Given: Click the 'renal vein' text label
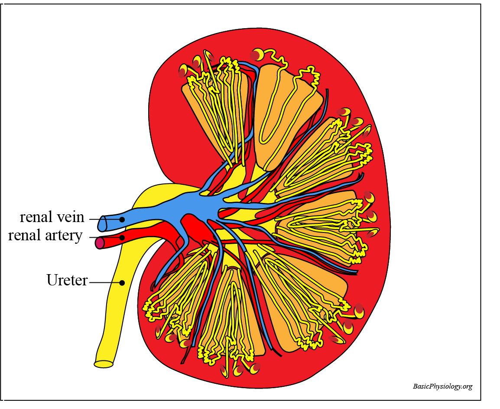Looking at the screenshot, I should [52, 216].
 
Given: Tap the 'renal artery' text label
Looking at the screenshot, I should [45, 236].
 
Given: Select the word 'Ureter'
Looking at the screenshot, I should [67, 280].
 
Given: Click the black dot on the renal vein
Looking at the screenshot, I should [122, 219].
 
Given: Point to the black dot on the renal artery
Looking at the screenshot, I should [122, 238].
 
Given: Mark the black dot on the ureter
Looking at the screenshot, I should [122, 283].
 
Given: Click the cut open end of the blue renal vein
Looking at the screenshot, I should [102, 223].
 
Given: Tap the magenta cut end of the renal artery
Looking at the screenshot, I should [100, 243].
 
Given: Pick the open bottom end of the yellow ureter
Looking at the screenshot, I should [104, 364].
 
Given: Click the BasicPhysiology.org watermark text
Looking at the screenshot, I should [442, 386].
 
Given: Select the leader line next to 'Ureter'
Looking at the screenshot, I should [104, 283].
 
